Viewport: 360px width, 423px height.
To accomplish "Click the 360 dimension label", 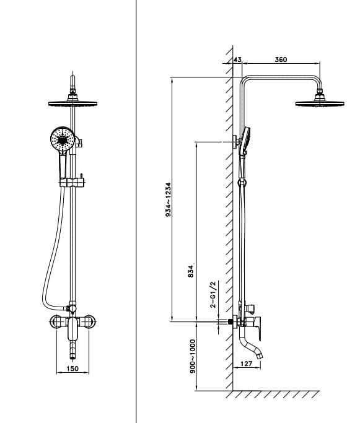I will click(281, 59).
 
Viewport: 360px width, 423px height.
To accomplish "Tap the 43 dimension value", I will click(237, 59).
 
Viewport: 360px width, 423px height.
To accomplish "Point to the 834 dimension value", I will click(191, 271).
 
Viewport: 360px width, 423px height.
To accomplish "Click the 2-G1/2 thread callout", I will click(213, 295).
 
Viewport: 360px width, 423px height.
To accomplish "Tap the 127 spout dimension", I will click(246, 364).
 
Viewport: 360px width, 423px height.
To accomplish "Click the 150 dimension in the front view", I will click(72, 369).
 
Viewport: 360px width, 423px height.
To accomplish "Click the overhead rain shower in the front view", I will click(73, 103).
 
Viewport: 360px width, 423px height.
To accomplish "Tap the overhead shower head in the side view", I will click(320, 103).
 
